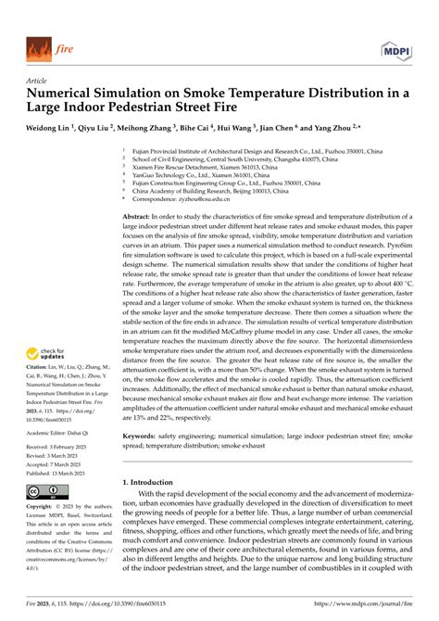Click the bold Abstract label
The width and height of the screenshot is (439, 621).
click(x=140, y=215)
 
